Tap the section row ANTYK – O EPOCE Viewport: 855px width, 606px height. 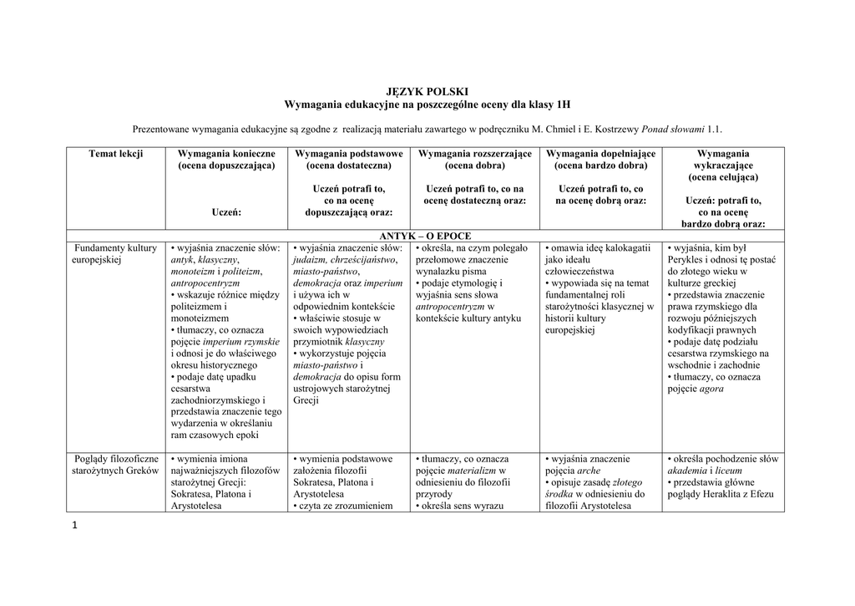[x=426, y=237]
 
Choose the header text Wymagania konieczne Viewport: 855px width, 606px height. [x=225, y=154]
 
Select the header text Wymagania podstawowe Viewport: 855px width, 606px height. [x=349, y=154]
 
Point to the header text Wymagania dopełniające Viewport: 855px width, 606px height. [x=600, y=154]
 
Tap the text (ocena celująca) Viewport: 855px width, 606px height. [x=723, y=177]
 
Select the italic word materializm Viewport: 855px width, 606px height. [x=470, y=471]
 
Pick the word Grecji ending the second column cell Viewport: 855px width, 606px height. [x=306, y=400]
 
